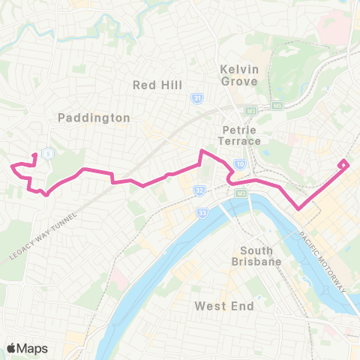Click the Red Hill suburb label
[x=157, y=85]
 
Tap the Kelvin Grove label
[x=239, y=75]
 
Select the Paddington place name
[x=94, y=118]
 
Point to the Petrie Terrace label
[x=240, y=135]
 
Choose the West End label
[x=224, y=305]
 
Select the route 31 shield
[x=197, y=98]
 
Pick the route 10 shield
[x=239, y=163]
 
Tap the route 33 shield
[x=202, y=214]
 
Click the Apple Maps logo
[x=26, y=348]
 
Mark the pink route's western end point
[x=10, y=166]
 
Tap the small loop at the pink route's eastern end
[x=343, y=163]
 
